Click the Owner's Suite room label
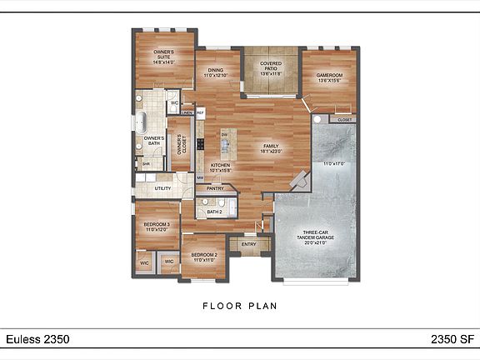pos(163,56)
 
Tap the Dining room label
pos(216,72)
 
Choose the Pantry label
pos(215,188)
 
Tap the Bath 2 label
pos(214,212)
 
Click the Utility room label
pos(162,187)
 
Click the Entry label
pos(247,244)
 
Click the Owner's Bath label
pos(152,141)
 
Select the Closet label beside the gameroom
pos(344,120)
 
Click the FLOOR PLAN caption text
pos(240,306)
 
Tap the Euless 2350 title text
pos(37,339)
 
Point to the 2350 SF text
pos(451,339)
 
